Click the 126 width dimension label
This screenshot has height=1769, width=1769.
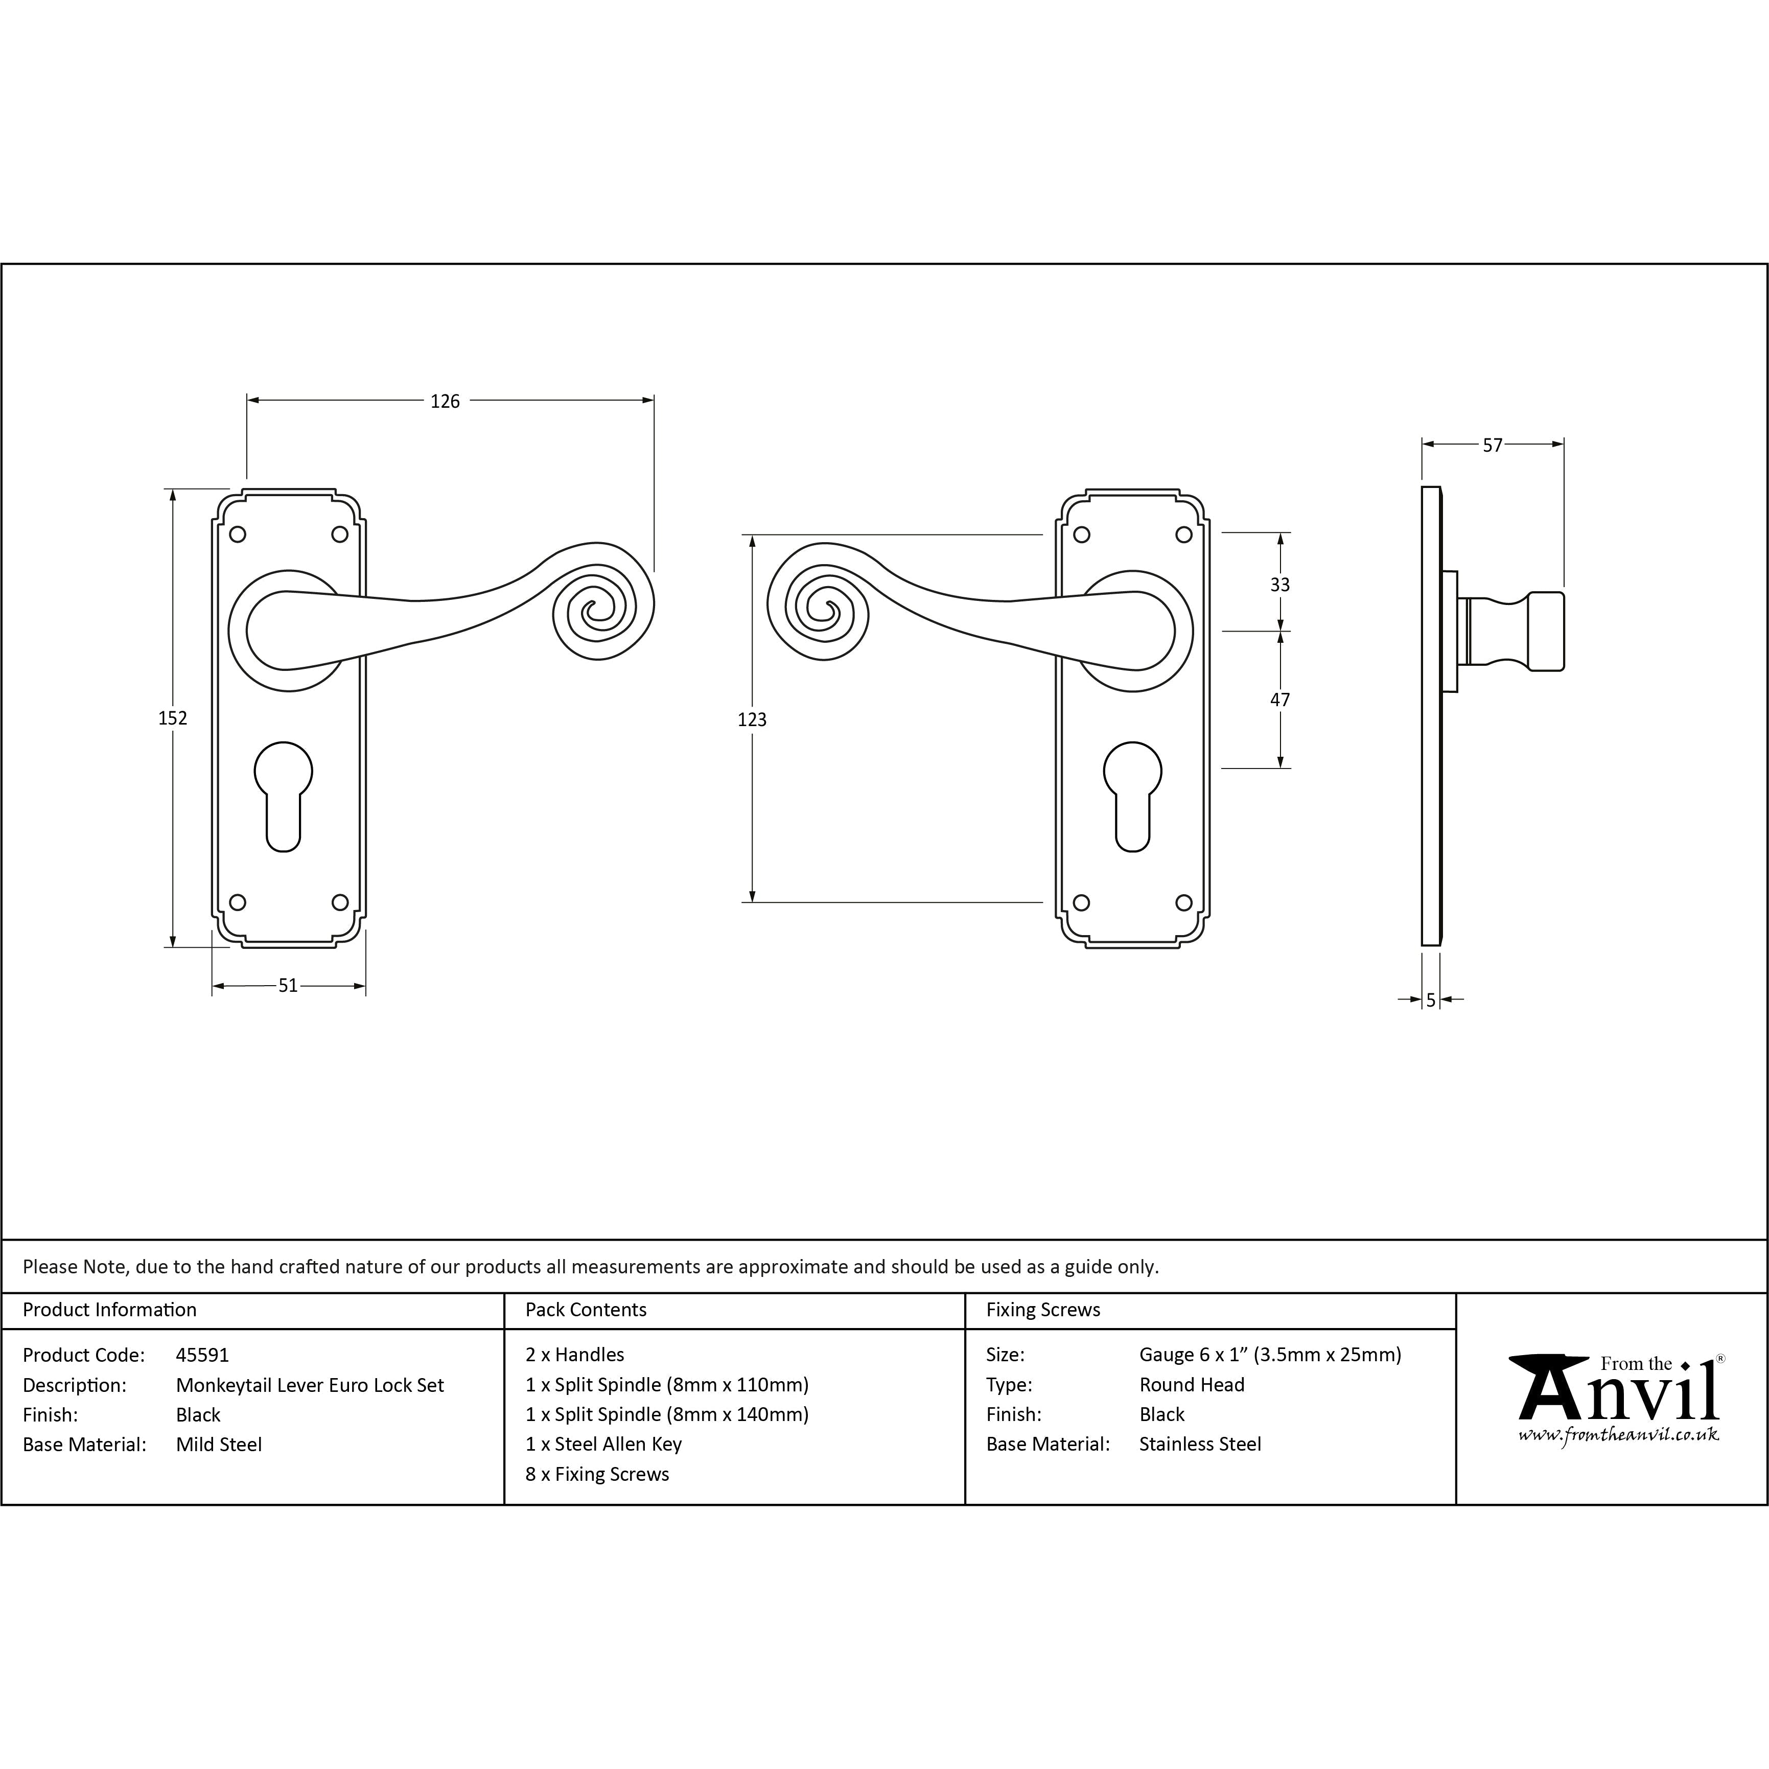pos(445,401)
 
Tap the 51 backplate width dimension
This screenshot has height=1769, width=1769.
pos(288,985)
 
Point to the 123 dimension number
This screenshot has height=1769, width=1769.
pos(752,719)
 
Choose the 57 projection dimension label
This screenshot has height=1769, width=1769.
pos(1493,445)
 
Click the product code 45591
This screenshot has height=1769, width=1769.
pos(202,1354)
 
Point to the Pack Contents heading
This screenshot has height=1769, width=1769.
pos(586,1309)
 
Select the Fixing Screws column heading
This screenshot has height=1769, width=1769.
pos(1043,1309)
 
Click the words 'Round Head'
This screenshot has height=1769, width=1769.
pos(1191,1384)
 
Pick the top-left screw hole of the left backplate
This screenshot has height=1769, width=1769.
pos(237,534)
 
